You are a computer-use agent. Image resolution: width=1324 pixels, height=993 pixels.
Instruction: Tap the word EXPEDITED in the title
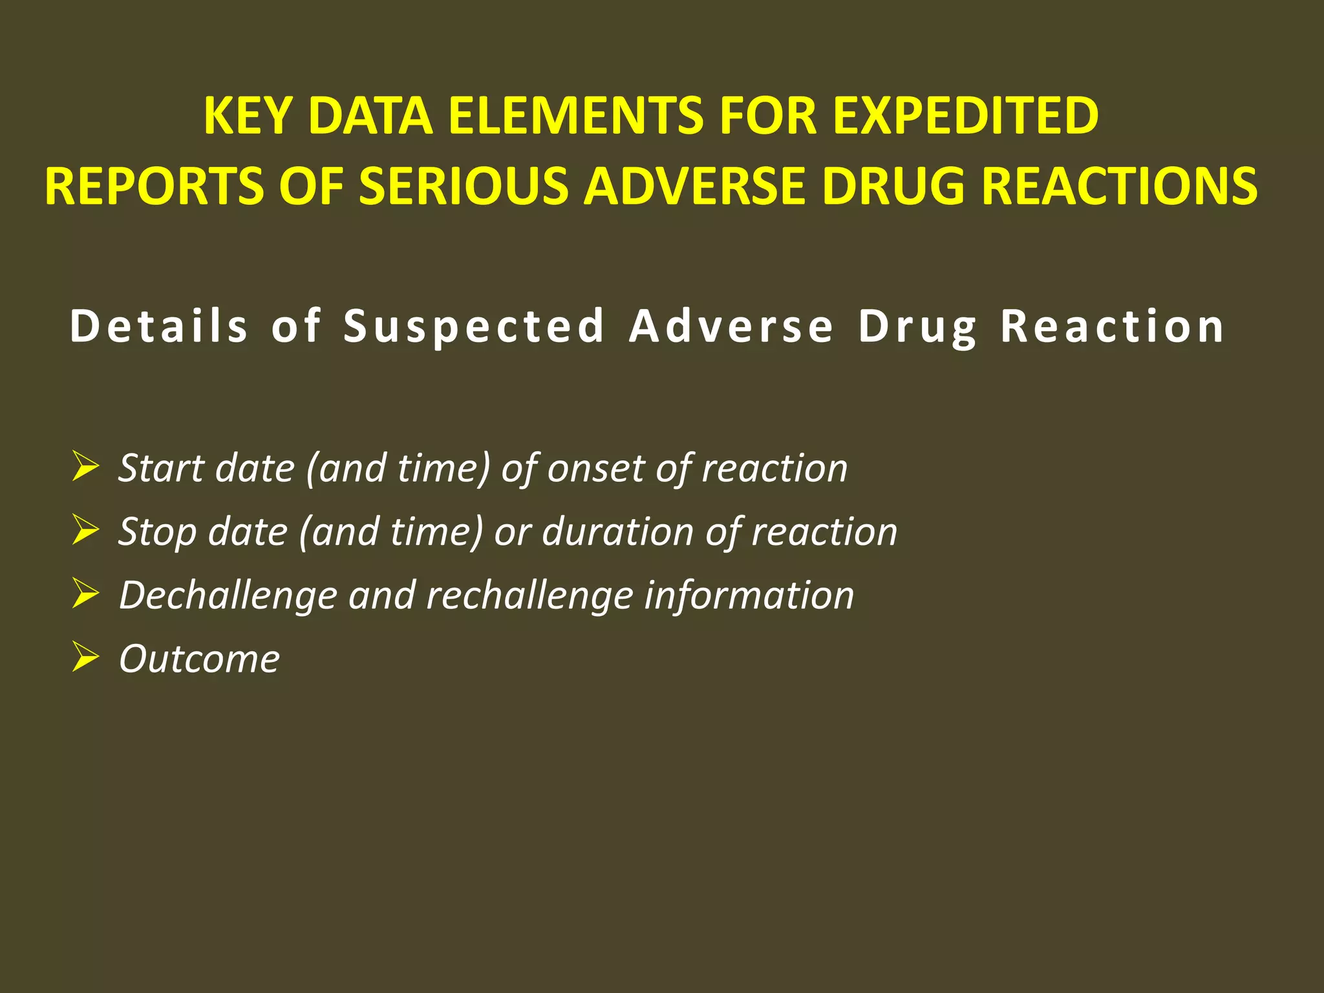point(965,116)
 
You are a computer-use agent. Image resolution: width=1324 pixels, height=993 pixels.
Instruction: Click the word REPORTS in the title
point(154,187)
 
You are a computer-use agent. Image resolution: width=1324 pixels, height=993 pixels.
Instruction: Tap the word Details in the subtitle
point(159,326)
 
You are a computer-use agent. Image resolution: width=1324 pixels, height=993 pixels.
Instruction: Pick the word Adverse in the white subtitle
point(731,326)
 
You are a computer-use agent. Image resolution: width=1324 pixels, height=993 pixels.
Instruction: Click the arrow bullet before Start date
point(85,467)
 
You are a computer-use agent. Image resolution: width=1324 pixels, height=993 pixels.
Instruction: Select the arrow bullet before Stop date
point(85,531)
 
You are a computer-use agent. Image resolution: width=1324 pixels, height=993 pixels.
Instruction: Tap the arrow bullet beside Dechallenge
point(85,594)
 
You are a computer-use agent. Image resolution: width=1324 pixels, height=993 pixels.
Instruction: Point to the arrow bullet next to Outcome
point(85,657)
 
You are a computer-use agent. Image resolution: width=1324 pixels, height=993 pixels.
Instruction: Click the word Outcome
point(199,659)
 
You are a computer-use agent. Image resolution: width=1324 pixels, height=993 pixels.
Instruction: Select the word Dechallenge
point(228,595)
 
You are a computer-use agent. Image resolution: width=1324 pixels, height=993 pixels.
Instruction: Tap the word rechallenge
point(529,595)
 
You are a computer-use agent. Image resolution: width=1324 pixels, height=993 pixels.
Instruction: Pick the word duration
point(617,532)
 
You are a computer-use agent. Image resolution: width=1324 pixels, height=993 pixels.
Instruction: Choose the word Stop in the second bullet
point(156,532)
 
